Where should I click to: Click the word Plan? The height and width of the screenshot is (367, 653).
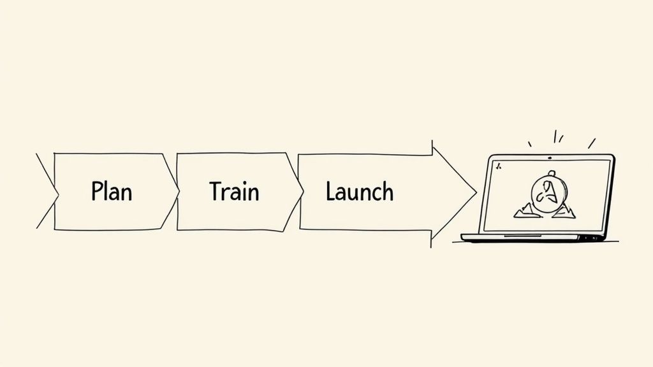click(x=112, y=191)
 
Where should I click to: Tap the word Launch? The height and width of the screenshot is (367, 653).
click(x=359, y=191)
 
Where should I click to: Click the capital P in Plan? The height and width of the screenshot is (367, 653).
click(x=97, y=191)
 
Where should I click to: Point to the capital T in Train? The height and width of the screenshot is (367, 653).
click(x=216, y=191)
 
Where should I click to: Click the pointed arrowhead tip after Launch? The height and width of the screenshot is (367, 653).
click(x=475, y=191)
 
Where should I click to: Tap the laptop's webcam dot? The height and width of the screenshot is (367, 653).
click(x=550, y=157)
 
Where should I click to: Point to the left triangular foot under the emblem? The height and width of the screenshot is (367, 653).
click(x=525, y=210)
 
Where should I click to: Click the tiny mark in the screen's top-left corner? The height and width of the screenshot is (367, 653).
click(x=498, y=166)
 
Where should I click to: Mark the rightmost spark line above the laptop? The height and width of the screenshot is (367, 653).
click(x=592, y=143)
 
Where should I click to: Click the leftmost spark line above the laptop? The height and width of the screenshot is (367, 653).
click(x=529, y=144)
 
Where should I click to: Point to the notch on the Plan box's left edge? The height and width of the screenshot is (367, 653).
click(x=57, y=191)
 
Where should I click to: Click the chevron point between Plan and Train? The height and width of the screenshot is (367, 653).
click(x=178, y=191)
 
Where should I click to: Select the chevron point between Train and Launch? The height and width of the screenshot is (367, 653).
click(x=302, y=191)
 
